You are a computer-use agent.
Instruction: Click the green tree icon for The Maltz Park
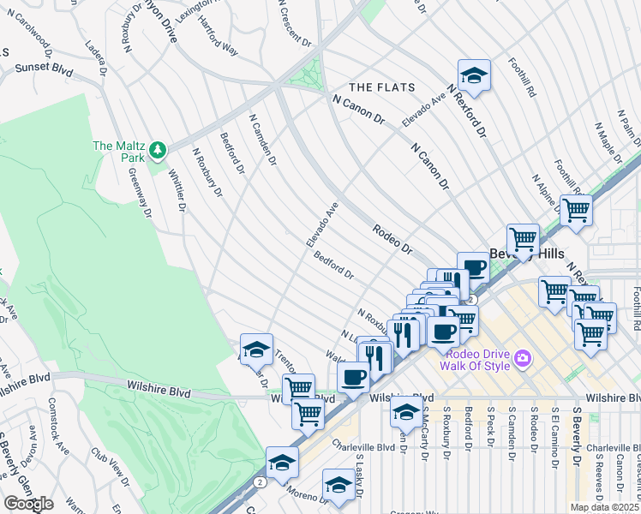pyautogui.click(x=157, y=151)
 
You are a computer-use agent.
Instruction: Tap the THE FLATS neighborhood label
pyautogui.click(x=382, y=87)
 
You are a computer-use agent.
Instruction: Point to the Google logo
pyautogui.click(x=28, y=503)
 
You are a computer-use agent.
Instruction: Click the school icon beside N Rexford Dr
pyautogui.click(x=474, y=76)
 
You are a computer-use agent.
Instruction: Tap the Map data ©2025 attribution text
pyautogui.click(x=605, y=507)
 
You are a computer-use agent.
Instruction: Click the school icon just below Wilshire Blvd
pyautogui.click(x=406, y=412)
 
